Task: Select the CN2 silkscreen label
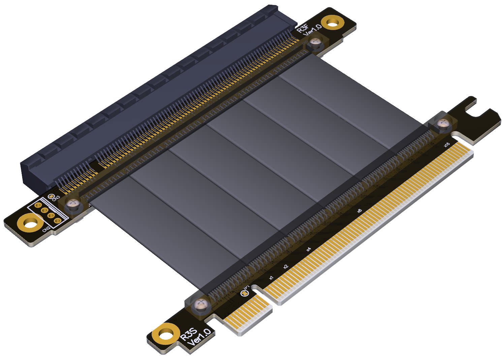coord(46,229)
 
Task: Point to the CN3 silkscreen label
coord(56,198)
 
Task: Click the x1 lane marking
coord(271,278)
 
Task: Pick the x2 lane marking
coord(286,266)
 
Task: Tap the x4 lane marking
coord(308,249)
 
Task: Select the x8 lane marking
coord(359,211)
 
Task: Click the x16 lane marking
coord(447,145)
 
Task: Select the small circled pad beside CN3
coord(51,196)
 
